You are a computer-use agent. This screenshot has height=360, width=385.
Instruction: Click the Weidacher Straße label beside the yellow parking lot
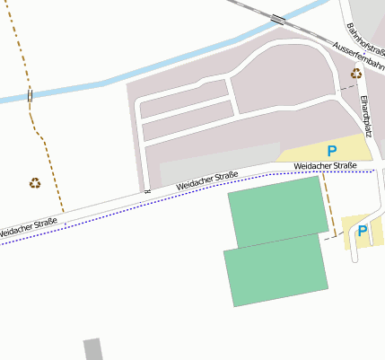pyautogui.click(x=325, y=166)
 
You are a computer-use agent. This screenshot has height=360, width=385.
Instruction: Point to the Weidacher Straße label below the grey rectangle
pyautogui.click(x=206, y=180)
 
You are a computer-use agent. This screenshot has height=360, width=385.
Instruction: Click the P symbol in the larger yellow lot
pyautogui.click(x=332, y=151)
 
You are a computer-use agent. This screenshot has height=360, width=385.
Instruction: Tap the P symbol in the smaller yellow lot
pyautogui.click(x=363, y=231)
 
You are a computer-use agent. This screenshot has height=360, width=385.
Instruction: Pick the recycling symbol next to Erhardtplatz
pyautogui.click(x=356, y=74)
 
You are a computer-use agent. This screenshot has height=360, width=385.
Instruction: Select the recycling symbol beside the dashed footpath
pyautogui.click(x=34, y=183)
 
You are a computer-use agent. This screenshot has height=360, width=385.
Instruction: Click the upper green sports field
pyautogui.click(x=276, y=211)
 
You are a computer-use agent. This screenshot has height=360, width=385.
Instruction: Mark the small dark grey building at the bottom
pyautogui.click(x=92, y=349)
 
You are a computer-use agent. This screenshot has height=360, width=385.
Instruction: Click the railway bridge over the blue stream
pyautogui.click(x=278, y=19)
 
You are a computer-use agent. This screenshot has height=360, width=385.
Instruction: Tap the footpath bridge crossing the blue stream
pyautogui.click(x=30, y=95)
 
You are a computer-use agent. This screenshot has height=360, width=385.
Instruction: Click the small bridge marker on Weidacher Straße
pyautogui.click(x=148, y=191)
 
